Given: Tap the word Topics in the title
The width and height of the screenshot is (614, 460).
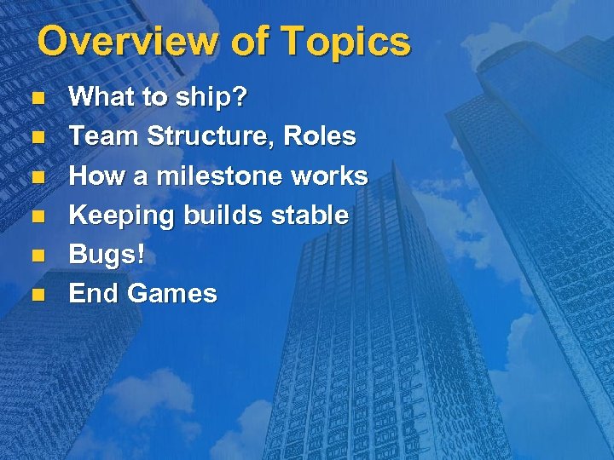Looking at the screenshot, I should tap(345, 41).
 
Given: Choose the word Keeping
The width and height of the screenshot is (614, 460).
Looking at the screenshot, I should tap(120, 216).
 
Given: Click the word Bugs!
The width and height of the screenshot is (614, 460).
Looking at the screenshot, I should tap(107, 255).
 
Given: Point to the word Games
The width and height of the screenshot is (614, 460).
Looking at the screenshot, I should tap(172, 294).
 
